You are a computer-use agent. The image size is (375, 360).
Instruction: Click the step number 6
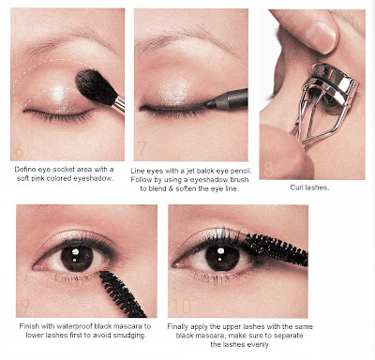click(19, 150)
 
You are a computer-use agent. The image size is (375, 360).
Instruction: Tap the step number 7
click(142, 149)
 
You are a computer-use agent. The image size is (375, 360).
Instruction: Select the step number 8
click(268, 169)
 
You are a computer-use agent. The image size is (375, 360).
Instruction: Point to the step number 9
click(25, 307)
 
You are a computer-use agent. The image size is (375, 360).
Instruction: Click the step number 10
click(182, 307)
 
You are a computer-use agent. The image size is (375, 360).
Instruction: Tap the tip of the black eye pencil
click(206, 104)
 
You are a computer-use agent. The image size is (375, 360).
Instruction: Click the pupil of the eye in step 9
click(77, 259)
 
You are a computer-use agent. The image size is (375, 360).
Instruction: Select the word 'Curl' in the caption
click(296, 187)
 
